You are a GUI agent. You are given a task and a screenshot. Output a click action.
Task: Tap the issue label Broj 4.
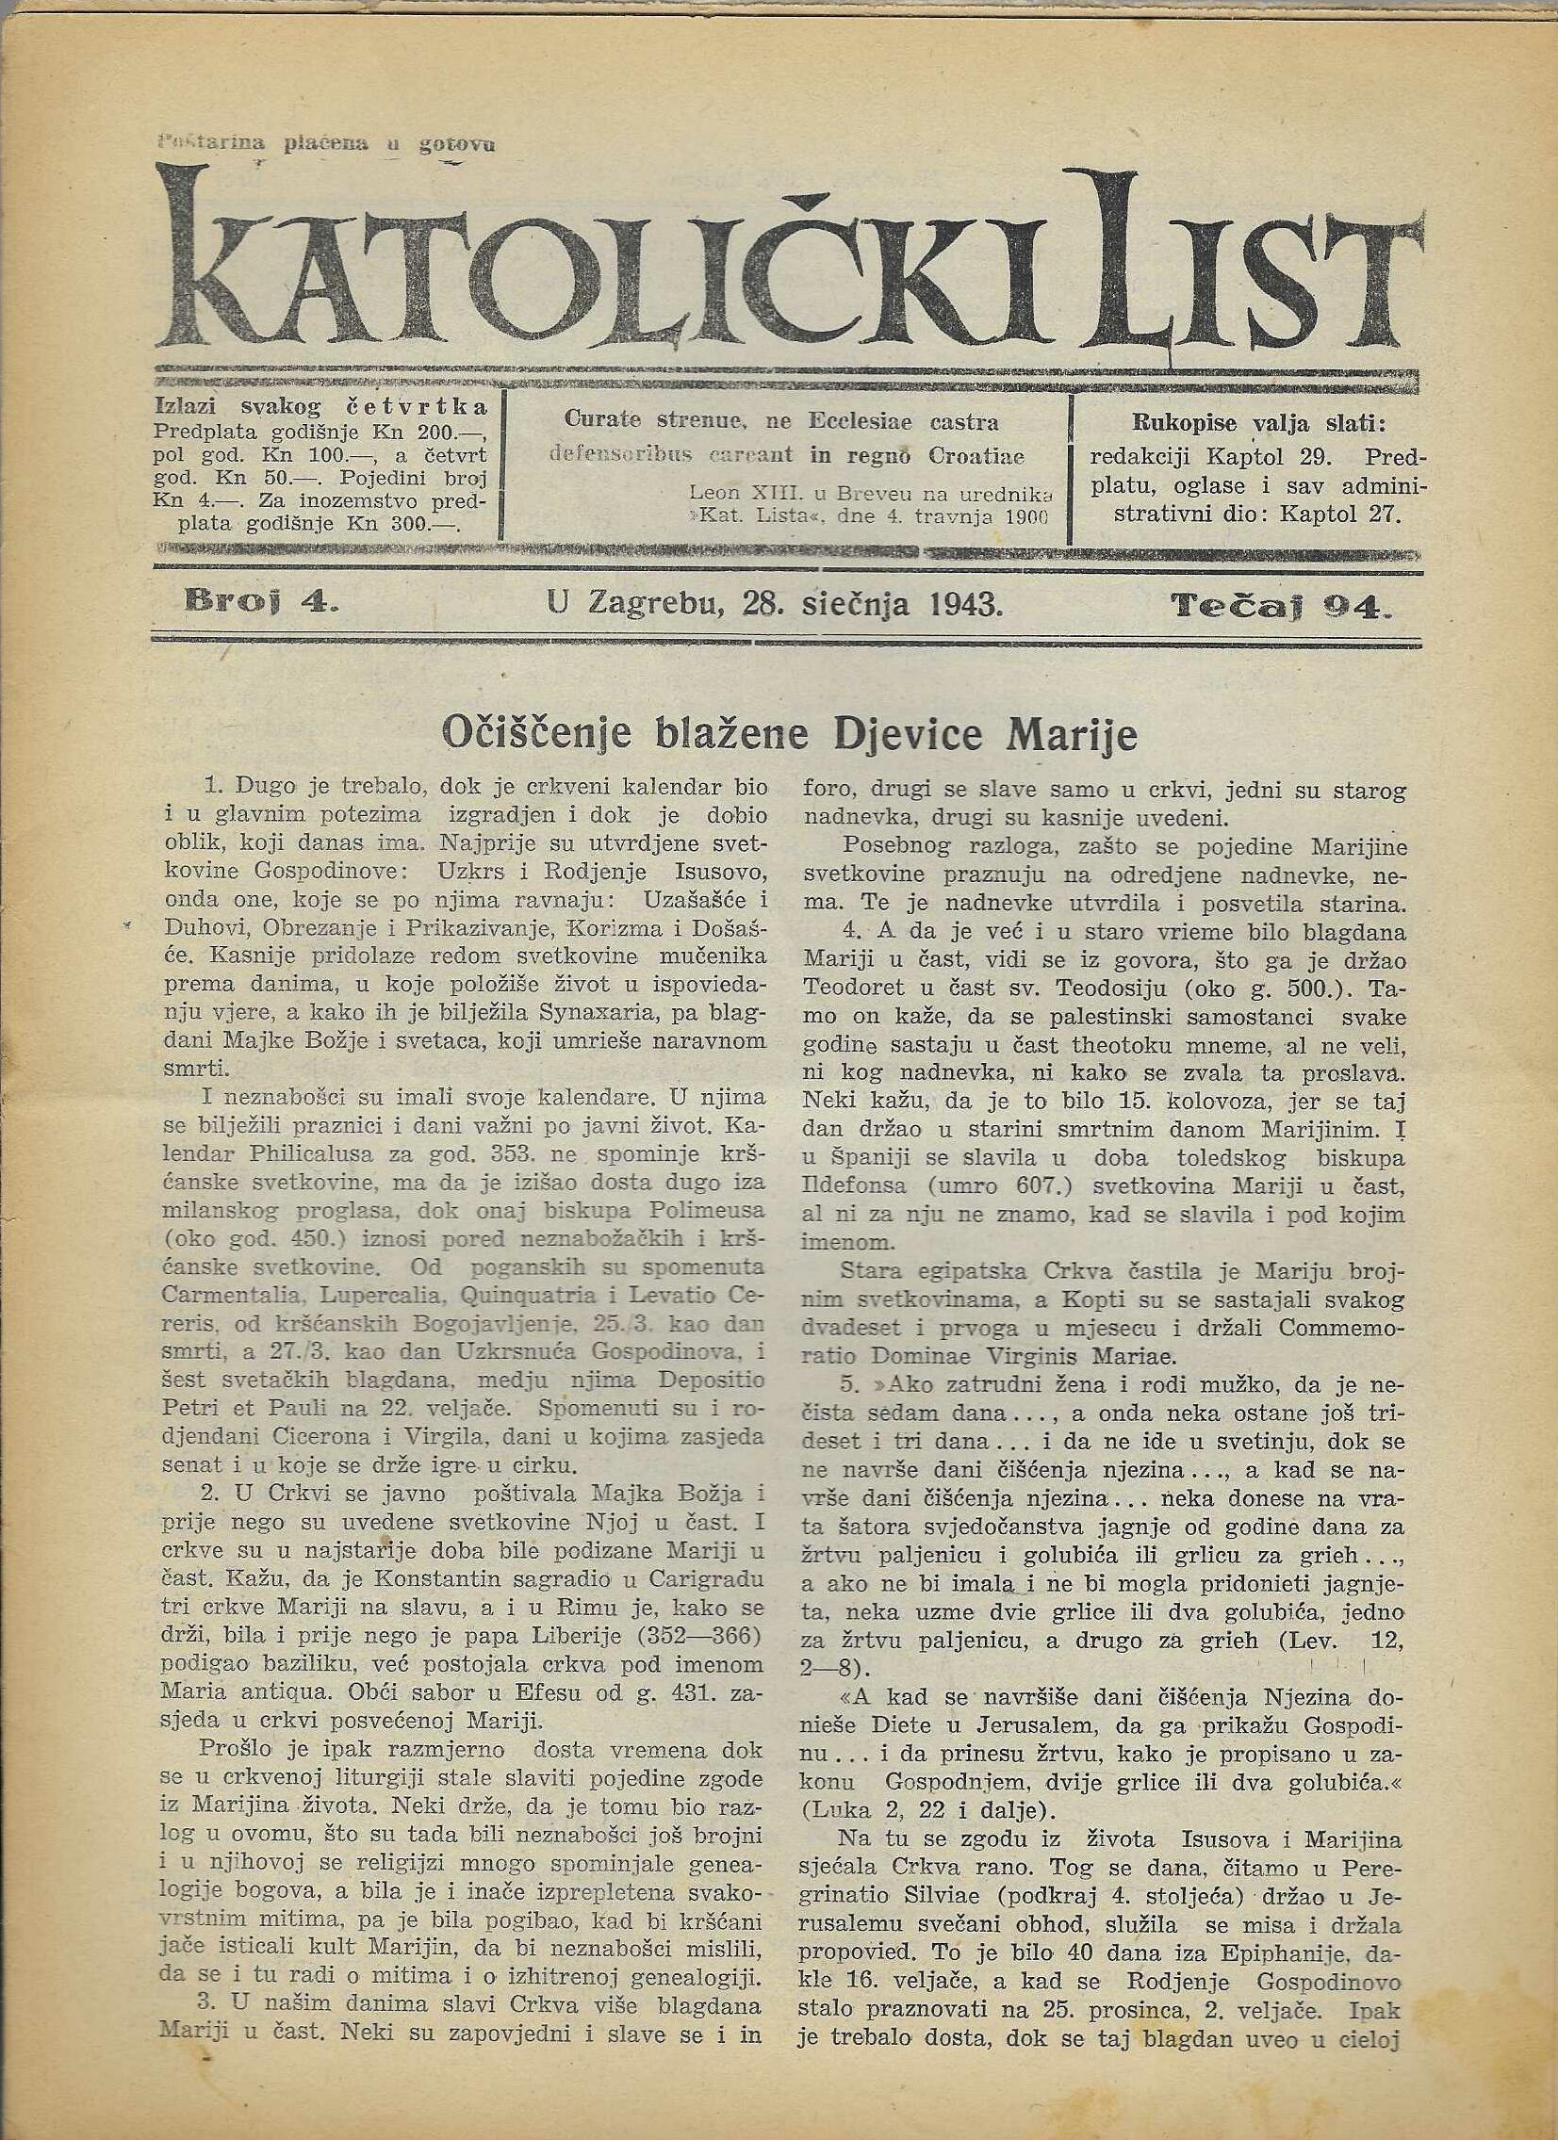pyautogui.click(x=259, y=602)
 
